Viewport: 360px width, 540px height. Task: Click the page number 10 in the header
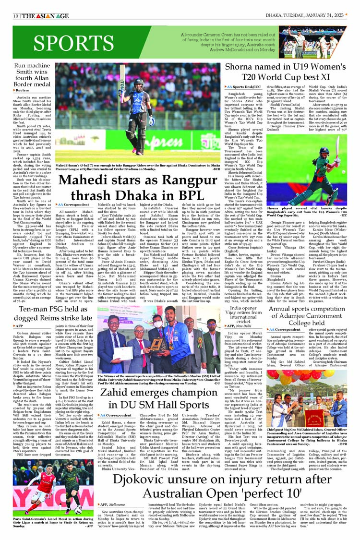click(16, 16)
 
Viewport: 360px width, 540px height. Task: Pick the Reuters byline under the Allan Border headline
click(23, 90)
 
